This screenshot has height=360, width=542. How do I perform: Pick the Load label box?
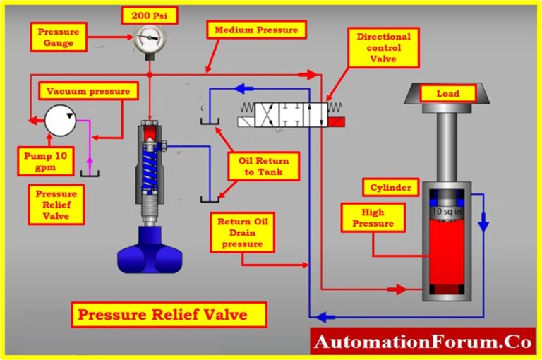[x=447, y=93]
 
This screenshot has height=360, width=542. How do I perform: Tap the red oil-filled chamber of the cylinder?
[x=447, y=254]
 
